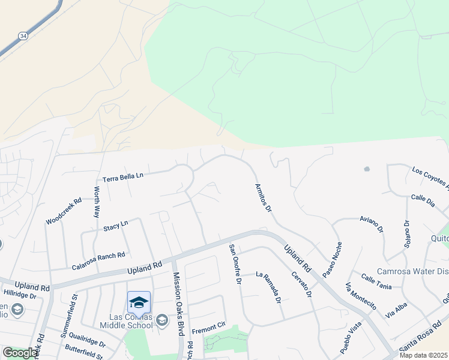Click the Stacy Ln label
coord(116,226)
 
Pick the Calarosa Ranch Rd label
coord(98,260)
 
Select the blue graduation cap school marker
coord(139,301)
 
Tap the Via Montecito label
coord(361,300)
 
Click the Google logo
coord(20,352)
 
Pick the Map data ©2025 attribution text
coord(424,355)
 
